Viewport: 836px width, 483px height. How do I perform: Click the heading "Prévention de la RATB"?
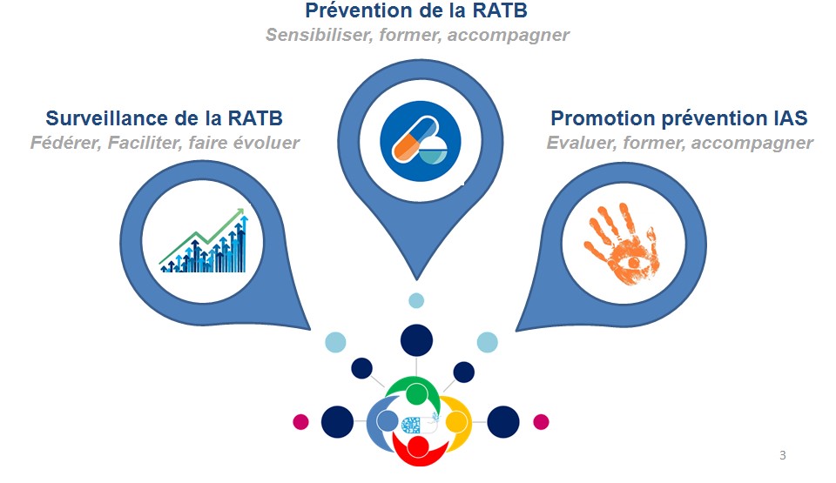click(x=416, y=12)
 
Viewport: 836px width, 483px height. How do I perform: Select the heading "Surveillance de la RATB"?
click(x=164, y=118)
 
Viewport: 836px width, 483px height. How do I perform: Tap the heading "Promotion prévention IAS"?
click(x=679, y=118)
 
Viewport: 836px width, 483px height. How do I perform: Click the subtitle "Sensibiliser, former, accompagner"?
click(x=416, y=36)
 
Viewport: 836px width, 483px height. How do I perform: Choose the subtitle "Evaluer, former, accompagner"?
click(x=679, y=143)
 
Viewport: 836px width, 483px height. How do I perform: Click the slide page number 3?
click(x=782, y=455)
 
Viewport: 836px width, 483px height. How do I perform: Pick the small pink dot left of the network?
click(x=301, y=422)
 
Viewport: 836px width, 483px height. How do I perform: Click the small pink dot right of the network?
click(x=541, y=422)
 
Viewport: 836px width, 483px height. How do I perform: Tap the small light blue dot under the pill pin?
click(x=416, y=301)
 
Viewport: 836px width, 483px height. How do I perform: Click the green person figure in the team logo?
click(x=417, y=392)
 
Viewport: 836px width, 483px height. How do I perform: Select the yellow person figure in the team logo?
click(x=455, y=422)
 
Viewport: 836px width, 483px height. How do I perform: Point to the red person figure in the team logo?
click(x=418, y=447)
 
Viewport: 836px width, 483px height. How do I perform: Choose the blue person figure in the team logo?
click(x=383, y=422)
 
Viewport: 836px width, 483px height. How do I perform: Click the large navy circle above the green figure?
click(x=417, y=339)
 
